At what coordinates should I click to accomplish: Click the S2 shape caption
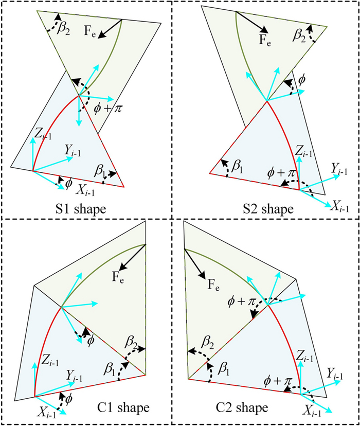click(x=267, y=209)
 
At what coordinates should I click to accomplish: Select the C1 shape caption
click(x=123, y=408)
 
